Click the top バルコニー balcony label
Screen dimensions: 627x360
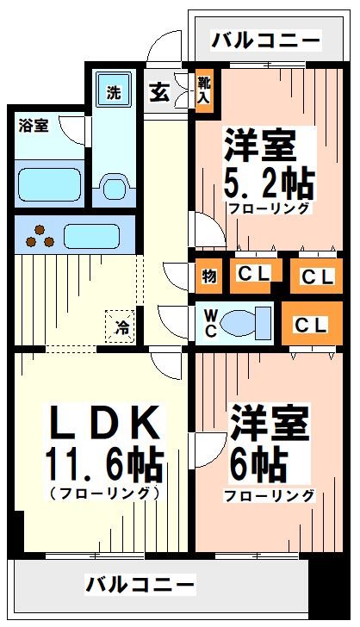[265, 40]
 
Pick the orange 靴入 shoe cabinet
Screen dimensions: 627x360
[204, 89]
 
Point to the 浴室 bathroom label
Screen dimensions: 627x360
[34, 126]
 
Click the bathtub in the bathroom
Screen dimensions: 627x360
[50, 183]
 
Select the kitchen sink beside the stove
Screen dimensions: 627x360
[90, 235]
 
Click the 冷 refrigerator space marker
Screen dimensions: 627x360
[122, 326]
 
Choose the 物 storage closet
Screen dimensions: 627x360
[209, 276]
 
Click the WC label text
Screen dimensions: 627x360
[209, 324]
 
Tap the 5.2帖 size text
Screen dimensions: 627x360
[269, 183]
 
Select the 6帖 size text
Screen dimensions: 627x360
[258, 466]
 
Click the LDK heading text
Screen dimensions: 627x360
[103, 422]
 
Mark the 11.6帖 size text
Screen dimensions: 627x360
[103, 465]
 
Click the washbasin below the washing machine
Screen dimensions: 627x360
[114, 186]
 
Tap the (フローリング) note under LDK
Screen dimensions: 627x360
[104, 494]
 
